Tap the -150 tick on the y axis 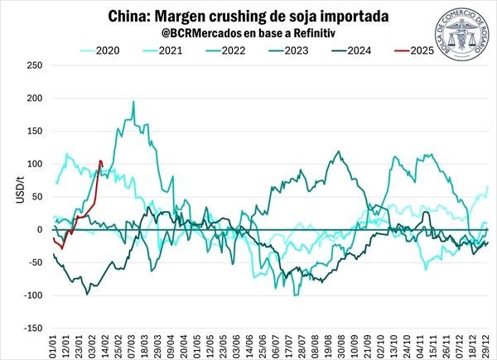coord(31,329)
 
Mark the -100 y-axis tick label coord(31,295)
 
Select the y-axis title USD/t coord(10,197)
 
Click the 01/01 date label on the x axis coord(54,343)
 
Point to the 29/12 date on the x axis coord(488,343)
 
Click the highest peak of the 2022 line coord(133,102)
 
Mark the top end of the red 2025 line coord(100,161)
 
